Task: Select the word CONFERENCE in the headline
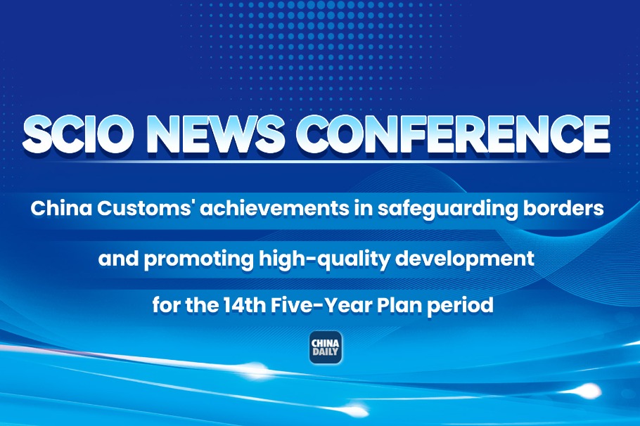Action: tap(453, 135)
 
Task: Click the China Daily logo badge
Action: tap(326, 347)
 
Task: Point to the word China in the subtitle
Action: tap(61, 209)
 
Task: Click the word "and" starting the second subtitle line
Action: tap(118, 259)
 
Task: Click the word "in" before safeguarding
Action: tap(362, 209)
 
